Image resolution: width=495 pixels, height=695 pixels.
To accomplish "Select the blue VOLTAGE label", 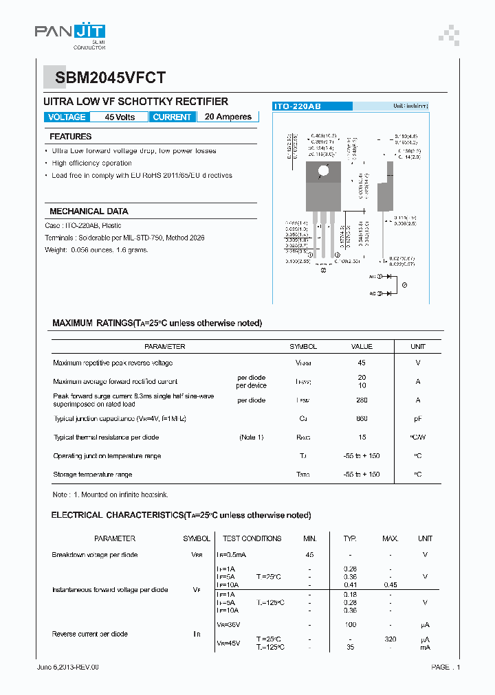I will [67, 117].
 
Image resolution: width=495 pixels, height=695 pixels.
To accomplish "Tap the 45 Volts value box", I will [120, 117].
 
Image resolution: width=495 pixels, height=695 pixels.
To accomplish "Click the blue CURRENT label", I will [172, 117].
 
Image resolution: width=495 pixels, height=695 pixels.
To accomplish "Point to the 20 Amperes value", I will [228, 117].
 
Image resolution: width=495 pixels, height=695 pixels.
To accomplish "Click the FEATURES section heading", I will [71, 137].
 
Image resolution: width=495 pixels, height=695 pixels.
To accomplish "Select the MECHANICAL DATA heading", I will [89, 212].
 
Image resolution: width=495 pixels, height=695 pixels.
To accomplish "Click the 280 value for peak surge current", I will [362, 400].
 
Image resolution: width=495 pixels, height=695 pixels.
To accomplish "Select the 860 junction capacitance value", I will [362, 418].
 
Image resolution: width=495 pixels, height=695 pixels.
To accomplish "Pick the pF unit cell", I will [418, 418].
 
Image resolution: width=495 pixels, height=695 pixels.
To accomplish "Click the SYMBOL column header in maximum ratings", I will [303, 347].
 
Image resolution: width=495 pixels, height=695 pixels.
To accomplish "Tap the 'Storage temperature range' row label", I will [93, 475].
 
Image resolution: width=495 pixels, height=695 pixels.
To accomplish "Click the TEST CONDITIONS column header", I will [252, 538].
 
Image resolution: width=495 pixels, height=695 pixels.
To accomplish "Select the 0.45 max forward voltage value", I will [390, 585].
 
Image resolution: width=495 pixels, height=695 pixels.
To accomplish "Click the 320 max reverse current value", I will [390, 639].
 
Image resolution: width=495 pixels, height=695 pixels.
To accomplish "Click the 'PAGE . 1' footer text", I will [445, 667].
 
